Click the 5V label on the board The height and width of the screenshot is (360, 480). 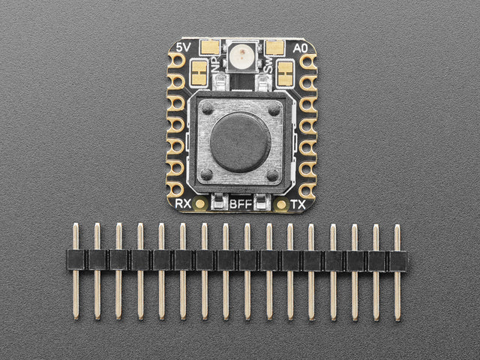pyautogui.click(x=184, y=47)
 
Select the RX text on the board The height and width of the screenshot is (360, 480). pyautogui.click(x=183, y=203)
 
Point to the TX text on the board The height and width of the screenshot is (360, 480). pyautogui.click(x=298, y=204)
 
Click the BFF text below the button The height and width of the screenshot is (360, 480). pyautogui.click(x=241, y=204)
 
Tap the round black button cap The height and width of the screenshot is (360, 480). pyautogui.click(x=240, y=142)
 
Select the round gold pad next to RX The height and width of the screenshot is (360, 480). pyautogui.click(x=200, y=204)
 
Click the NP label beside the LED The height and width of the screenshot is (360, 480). pyautogui.click(x=217, y=64)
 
